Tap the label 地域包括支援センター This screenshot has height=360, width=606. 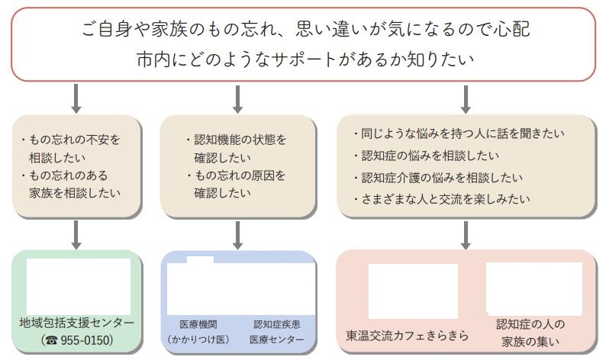(76, 323)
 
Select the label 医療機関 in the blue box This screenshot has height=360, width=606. (198, 324)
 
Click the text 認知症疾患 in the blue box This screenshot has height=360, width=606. (277, 324)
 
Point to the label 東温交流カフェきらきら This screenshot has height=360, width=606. (407, 336)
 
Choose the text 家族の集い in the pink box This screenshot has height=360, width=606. (530, 341)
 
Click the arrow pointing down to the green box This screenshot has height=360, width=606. (76, 235)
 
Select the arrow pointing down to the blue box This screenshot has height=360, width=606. (237, 235)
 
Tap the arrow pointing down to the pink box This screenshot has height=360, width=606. (466, 235)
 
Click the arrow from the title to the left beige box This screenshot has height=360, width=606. (76, 99)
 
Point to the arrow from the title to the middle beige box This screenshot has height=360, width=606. (237, 99)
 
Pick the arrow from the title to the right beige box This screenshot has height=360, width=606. (466, 99)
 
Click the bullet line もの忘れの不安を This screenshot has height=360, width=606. (71, 139)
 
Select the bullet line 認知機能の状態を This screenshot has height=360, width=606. (236, 139)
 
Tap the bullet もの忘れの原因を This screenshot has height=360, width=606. (236, 175)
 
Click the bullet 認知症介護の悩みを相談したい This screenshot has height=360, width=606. (438, 177)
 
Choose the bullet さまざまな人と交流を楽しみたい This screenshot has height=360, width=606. (441, 199)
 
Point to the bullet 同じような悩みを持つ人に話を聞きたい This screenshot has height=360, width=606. (459, 133)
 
